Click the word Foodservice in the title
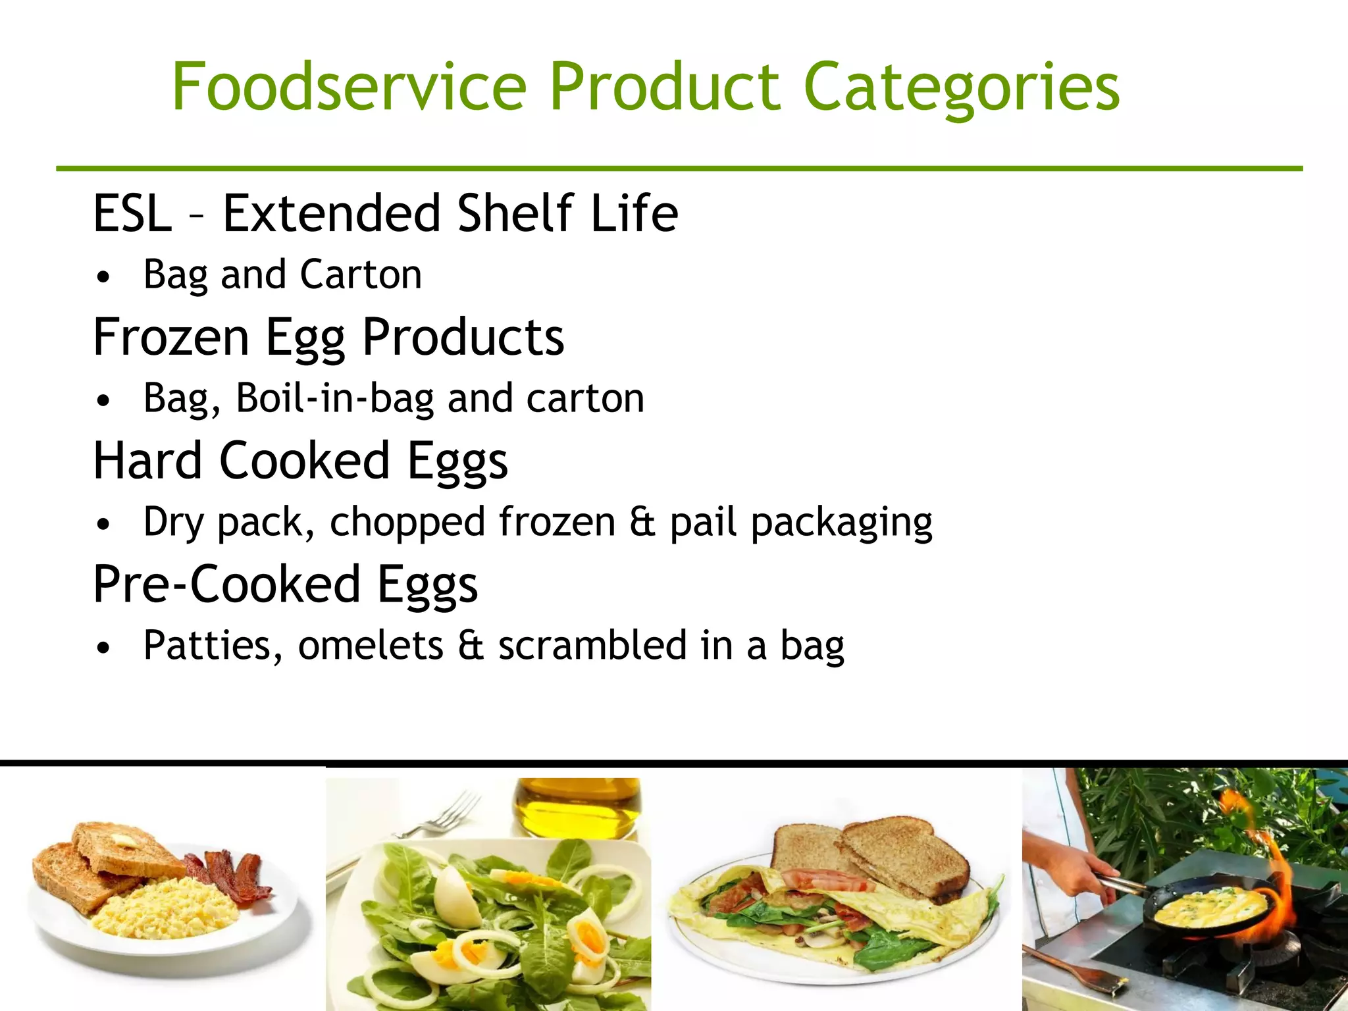click(350, 87)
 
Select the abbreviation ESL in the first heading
click(132, 213)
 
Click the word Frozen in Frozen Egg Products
click(170, 337)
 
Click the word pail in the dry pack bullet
click(703, 522)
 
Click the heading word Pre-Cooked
click(226, 584)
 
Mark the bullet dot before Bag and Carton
click(103, 276)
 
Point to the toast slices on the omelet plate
click(875, 856)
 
